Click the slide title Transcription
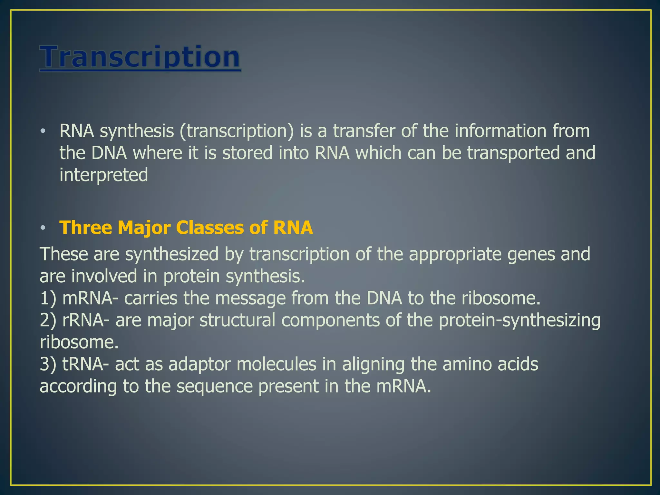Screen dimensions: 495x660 point(140,57)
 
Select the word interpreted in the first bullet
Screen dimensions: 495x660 point(103,175)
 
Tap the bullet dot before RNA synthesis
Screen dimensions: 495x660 point(43,131)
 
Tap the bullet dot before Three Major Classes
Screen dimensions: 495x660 point(43,228)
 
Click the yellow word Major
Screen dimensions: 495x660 point(144,228)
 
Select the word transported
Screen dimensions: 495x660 point(513,153)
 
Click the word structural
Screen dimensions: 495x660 point(237,320)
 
